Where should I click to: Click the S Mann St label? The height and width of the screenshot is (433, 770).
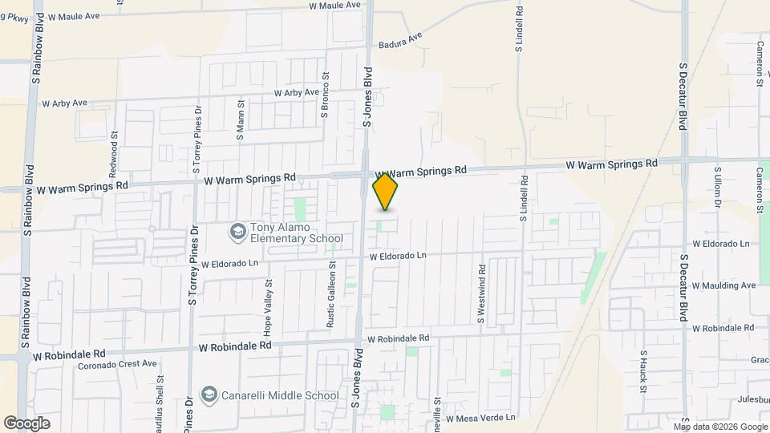[240, 120]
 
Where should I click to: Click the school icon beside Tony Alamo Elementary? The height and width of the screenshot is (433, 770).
[237, 233]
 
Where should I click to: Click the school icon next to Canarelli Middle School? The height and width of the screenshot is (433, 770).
[209, 395]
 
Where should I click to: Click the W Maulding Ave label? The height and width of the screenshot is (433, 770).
[723, 285]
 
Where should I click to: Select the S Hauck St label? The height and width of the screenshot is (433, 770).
[642, 370]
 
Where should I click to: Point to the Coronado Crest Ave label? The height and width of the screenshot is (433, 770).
[117, 363]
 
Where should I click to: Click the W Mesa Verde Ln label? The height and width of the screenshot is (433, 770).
[480, 419]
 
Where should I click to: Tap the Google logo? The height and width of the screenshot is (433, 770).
[26, 423]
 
